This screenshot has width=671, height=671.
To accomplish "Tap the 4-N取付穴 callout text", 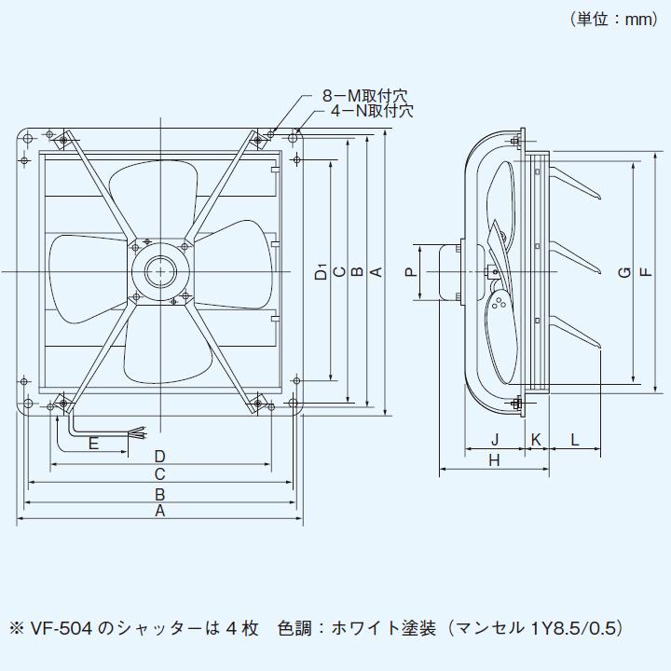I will coord(371,111).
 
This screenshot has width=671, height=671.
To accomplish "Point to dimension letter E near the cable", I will coord(93,444).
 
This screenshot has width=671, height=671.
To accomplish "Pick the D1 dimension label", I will coord(320,272).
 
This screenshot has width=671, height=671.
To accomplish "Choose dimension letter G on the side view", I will coord(623,272).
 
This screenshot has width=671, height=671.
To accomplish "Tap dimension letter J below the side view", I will coord(495,439).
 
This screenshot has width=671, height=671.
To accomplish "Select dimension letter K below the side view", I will coord(536,439).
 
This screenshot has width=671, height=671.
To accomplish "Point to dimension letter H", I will coord(494,460).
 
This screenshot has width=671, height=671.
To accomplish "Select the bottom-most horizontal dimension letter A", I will coord(159,512).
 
